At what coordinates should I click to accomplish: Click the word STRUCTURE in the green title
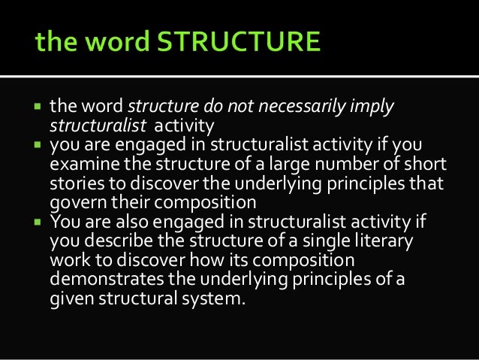(x=241, y=41)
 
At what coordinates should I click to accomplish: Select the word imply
(x=370, y=106)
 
